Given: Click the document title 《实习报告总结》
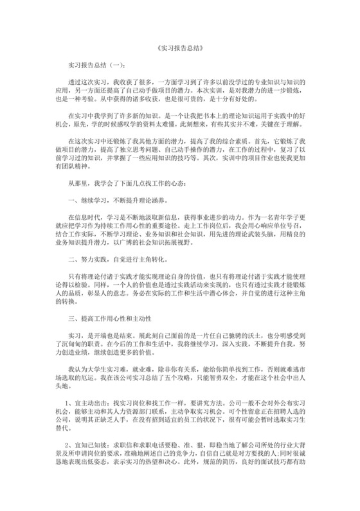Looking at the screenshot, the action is click(x=179, y=48).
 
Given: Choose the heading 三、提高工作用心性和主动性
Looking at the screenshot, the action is click(x=110, y=318).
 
